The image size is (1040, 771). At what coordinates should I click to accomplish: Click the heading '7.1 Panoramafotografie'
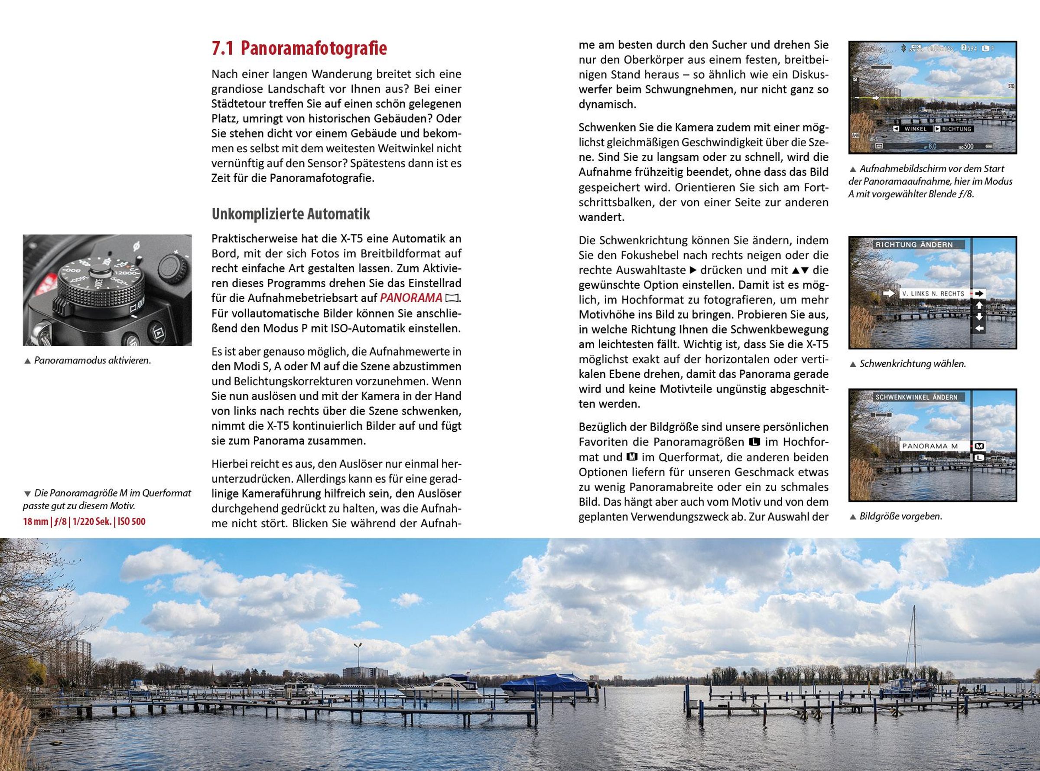coord(299,49)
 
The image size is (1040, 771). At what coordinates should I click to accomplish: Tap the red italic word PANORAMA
coord(411,298)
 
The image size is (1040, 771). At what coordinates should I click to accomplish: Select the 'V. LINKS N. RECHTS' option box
coord(933,294)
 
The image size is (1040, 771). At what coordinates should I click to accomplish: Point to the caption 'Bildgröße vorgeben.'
coord(900,516)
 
